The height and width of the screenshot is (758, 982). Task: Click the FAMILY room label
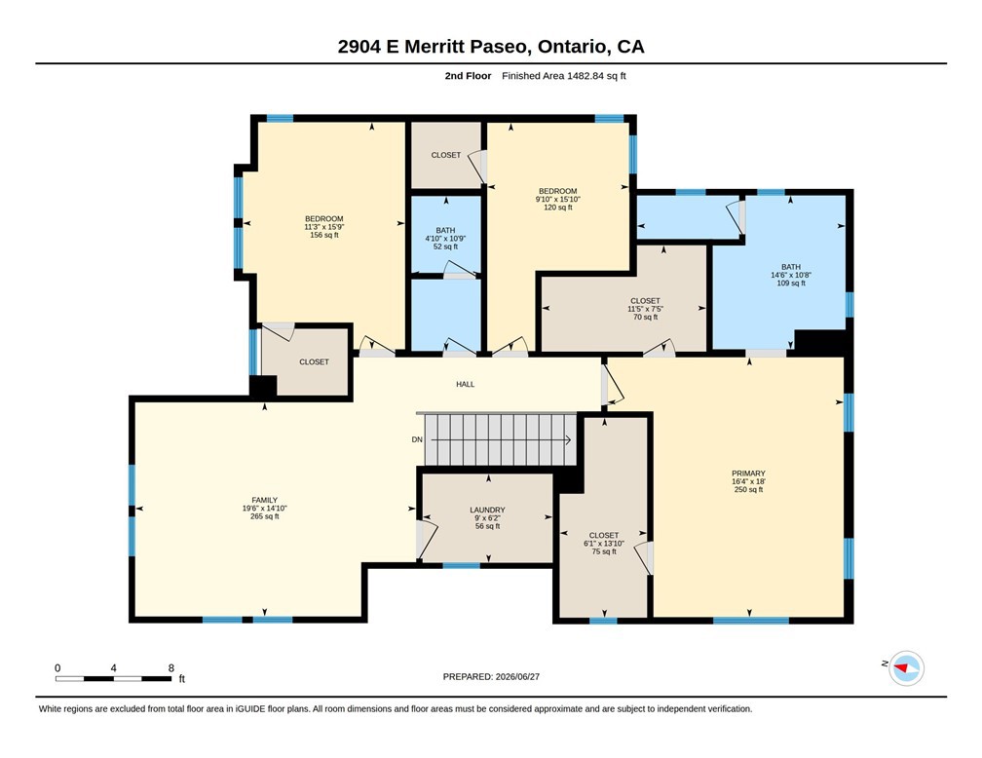coord(264,500)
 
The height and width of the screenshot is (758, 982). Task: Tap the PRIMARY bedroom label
coord(748,473)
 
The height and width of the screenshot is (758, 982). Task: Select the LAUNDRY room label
coord(487,510)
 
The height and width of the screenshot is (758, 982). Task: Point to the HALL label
coord(466,384)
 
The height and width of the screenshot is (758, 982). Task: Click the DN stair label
coord(417,439)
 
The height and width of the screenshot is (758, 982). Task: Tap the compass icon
coord(906,668)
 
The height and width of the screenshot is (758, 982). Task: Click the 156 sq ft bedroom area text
coord(324,235)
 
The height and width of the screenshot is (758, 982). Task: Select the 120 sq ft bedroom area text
coord(558,208)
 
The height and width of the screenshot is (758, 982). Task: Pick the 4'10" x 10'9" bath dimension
coord(445,238)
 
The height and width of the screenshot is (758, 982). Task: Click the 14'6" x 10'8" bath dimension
coord(791,275)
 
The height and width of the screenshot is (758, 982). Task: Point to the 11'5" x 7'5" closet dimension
coord(645,309)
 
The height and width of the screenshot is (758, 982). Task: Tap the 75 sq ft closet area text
coord(604,551)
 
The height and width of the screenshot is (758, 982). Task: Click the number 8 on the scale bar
coord(171,667)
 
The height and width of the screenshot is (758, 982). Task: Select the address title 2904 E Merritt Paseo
coord(434,47)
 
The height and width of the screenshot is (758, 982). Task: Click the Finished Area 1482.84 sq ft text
coord(564,76)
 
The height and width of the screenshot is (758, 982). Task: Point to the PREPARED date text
coord(491,676)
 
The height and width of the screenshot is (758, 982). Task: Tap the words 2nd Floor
coord(468,76)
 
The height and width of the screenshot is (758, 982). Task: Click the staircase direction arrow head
coord(568,439)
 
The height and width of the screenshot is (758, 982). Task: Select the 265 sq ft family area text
coord(264,516)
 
